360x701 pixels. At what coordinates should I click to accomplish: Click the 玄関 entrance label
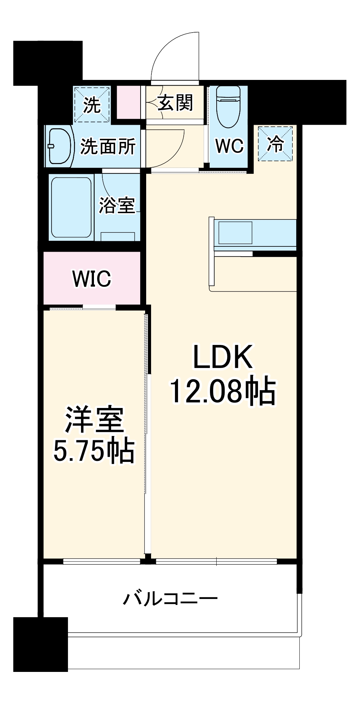click(x=175, y=103)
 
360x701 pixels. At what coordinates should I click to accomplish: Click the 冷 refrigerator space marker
click(x=275, y=144)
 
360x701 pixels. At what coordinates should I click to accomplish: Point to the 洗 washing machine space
click(x=92, y=104)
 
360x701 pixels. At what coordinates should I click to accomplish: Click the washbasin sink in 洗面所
click(x=59, y=146)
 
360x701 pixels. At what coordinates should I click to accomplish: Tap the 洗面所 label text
click(x=108, y=147)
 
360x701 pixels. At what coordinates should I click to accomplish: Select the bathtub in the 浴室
click(x=71, y=207)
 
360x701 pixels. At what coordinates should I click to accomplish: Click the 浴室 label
click(x=117, y=205)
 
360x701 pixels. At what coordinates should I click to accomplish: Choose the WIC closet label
click(x=91, y=279)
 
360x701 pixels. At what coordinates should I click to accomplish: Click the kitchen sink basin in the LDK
click(x=235, y=233)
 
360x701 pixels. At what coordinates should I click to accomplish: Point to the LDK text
click(x=223, y=357)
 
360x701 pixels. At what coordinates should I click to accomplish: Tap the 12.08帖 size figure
click(x=223, y=391)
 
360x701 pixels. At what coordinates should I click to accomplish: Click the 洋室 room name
click(x=94, y=420)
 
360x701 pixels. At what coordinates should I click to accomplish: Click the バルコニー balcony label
click(x=170, y=598)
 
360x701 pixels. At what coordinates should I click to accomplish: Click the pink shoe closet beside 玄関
click(x=128, y=102)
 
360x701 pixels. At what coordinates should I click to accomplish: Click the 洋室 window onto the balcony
click(x=102, y=562)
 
